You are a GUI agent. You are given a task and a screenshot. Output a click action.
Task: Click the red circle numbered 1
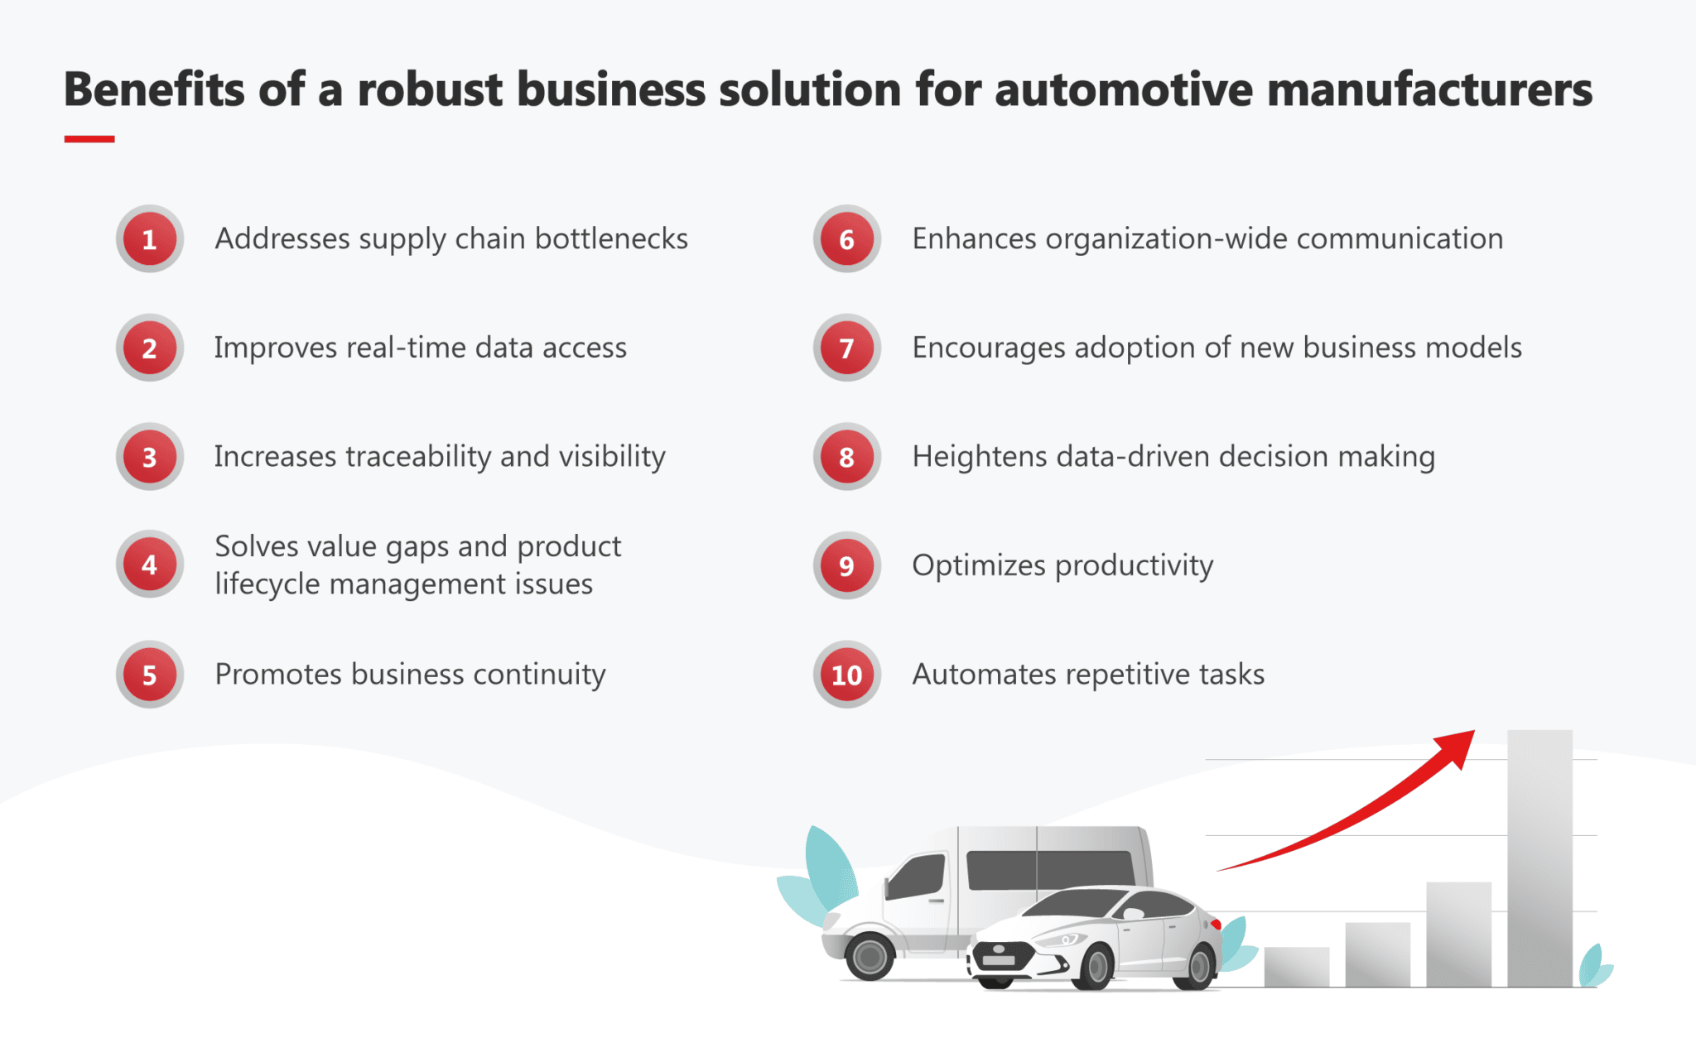coord(149,239)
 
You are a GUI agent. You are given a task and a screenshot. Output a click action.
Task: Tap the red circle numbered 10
coord(846,675)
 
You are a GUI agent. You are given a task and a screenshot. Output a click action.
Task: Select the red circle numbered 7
coord(846,348)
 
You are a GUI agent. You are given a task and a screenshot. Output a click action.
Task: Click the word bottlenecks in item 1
coord(611,238)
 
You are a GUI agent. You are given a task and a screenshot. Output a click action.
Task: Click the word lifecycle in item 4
coord(267,584)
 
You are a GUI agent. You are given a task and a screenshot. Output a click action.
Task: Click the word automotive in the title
coord(1124,89)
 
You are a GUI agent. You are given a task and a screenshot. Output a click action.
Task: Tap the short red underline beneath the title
coord(89,139)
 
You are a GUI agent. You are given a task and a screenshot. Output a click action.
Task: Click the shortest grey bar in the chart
coord(1296,966)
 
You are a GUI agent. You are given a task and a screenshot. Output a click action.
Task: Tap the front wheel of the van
coord(870,957)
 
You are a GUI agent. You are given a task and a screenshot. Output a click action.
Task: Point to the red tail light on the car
coord(1216,924)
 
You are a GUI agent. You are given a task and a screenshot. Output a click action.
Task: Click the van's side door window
coord(918,877)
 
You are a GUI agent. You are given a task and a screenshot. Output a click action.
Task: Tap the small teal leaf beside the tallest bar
coord(1593,967)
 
